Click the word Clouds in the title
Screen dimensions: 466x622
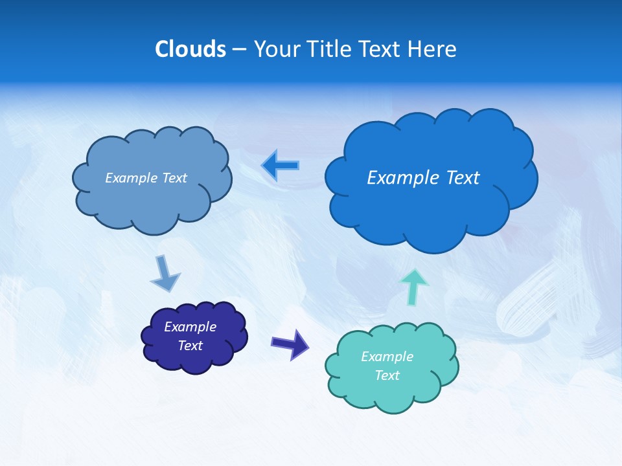[190, 49]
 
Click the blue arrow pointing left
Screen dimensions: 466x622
[281, 166]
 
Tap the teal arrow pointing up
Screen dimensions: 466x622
[414, 286]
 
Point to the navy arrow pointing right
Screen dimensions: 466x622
[290, 344]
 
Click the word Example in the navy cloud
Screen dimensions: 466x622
[190, 327]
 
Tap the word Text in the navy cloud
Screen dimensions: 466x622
[190, 346]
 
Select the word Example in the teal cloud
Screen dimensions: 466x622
[387, 357]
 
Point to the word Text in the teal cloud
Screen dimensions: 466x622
[387, 375]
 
